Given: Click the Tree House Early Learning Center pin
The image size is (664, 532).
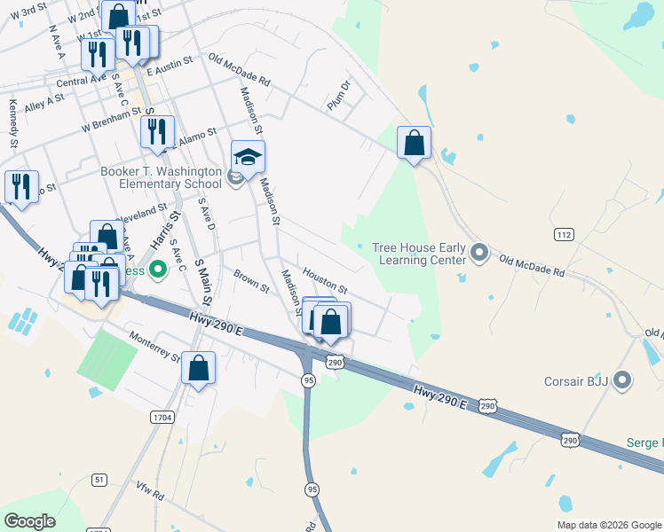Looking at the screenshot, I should pos(479,254).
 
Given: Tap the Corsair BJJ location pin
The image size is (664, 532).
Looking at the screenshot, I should pos(622,382).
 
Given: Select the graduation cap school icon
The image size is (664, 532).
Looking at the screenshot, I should pos(249,157).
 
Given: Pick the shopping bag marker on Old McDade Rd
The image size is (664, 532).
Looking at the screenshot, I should pos(414,143).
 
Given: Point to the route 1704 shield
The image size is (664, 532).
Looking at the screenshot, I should pos(162,417).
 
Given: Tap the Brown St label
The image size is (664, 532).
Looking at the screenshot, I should pos(251,281).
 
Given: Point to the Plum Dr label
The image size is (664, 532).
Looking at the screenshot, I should pos(339,94).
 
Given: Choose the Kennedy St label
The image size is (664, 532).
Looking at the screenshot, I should pos(13,122).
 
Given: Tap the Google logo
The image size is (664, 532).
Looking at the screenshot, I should pos(30,521).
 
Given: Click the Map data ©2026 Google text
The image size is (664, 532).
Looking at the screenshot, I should pos(609,525).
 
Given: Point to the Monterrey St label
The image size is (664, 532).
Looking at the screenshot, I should pos(155,347).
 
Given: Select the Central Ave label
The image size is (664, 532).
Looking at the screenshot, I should pos(81,81).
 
